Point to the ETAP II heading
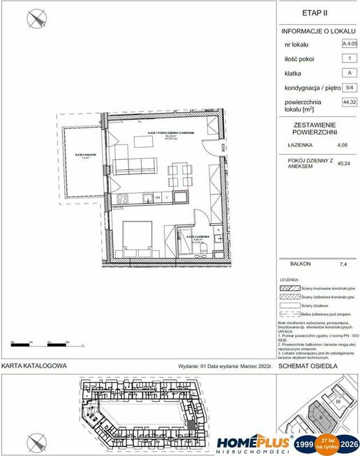click(315, 13)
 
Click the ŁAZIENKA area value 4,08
click(342, 145)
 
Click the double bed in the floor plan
click(137, 241)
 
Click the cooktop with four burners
click(122, 199)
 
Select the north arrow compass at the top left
click(35, 20)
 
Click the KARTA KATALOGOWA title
click(33, 365)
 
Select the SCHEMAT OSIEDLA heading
click(308, 365)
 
